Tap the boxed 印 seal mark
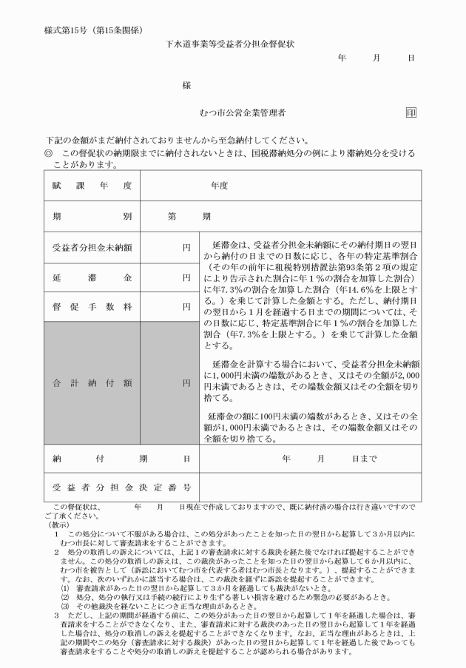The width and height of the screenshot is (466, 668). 411,112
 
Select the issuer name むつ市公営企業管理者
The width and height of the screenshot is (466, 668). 243,112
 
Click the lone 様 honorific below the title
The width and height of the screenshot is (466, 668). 186,85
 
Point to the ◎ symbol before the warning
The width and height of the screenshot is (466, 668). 50,152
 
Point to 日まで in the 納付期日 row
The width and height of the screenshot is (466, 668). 365,459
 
